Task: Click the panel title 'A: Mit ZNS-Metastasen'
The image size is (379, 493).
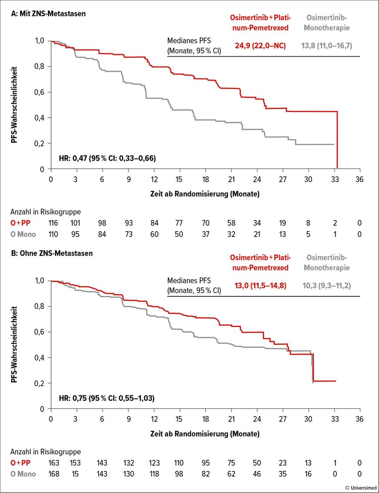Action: click(48, 14)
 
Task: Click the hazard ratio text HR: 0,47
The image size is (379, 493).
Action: click(107, 158)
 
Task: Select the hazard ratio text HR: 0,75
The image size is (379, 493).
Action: click(107, 398)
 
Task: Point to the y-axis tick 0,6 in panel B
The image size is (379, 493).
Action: click(40, 332)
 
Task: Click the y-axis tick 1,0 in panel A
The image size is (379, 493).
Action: click(40, 41)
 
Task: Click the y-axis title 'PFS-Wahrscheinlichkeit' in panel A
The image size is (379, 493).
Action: click(15, 105)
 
